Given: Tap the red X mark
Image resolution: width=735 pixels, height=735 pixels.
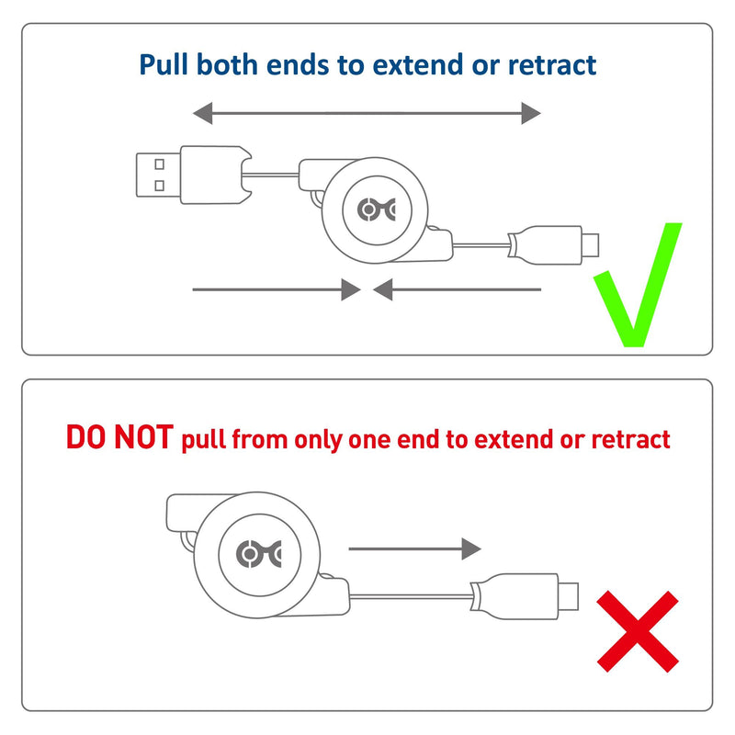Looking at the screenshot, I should coord(638,631).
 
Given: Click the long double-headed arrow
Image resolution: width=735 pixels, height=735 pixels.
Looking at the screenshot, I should coord(367,114).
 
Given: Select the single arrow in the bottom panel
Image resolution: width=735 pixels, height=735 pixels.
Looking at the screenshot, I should coord(415,548).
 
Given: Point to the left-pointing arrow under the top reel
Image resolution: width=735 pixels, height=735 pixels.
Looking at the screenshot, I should coord(457,289).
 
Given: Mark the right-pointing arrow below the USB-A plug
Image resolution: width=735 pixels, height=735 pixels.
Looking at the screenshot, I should coord(277,289).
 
